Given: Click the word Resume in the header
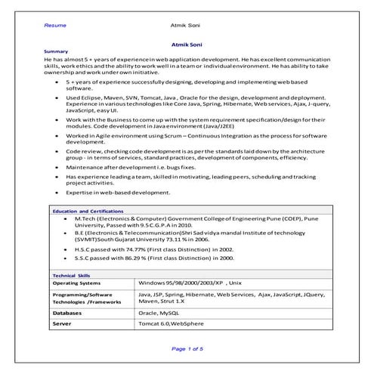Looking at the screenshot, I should [x=55, y=25].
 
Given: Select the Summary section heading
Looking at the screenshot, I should [x=57, y=51].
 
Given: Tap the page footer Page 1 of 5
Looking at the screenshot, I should [x=187, y=348].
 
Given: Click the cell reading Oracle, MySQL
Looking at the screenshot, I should [x=159, y=311].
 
